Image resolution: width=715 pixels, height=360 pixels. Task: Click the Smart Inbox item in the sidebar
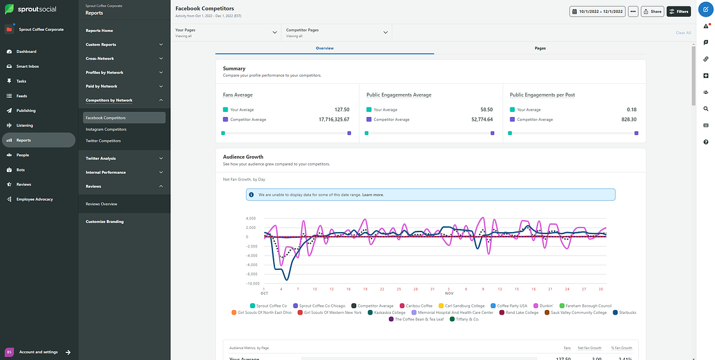pos(27,67)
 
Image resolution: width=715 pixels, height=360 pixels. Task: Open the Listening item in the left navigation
pos(24,125)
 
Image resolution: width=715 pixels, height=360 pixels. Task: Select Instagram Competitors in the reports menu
pos(106,129)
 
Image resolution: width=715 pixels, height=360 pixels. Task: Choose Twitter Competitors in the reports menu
pos(103,141)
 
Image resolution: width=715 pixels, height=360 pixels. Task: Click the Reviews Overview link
pos(101,204)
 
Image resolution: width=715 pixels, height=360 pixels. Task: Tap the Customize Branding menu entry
pos(104,221)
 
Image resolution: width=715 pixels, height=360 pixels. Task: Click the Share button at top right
pos(652,12)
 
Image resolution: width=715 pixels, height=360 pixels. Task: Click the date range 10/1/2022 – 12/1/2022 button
pos(597,12)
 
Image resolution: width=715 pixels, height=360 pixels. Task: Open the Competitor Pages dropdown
pos(336,33)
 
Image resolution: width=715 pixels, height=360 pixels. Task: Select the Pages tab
pos(540,48)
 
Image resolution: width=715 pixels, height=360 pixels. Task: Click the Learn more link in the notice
pos(373,194)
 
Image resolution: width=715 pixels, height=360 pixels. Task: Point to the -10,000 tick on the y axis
pos(251,283)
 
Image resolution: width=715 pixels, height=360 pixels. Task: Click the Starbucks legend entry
pos(624,313)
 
